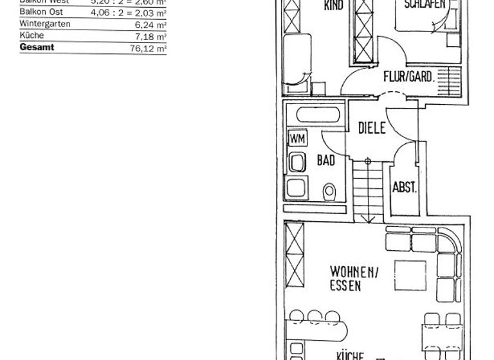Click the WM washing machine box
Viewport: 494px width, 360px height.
(297, 138)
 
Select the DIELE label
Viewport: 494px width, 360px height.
(372, 128)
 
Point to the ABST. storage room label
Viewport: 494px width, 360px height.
(405, 188)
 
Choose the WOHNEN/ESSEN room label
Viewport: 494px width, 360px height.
(354, 278)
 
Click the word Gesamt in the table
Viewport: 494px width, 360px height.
(37, 48)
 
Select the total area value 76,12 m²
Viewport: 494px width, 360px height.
(148, 48)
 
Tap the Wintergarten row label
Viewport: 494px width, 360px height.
(45, 24)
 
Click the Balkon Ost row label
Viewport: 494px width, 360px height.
(39, 12)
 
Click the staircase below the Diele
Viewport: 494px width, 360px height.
(367, 190)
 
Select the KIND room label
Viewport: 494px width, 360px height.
(334, 6)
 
